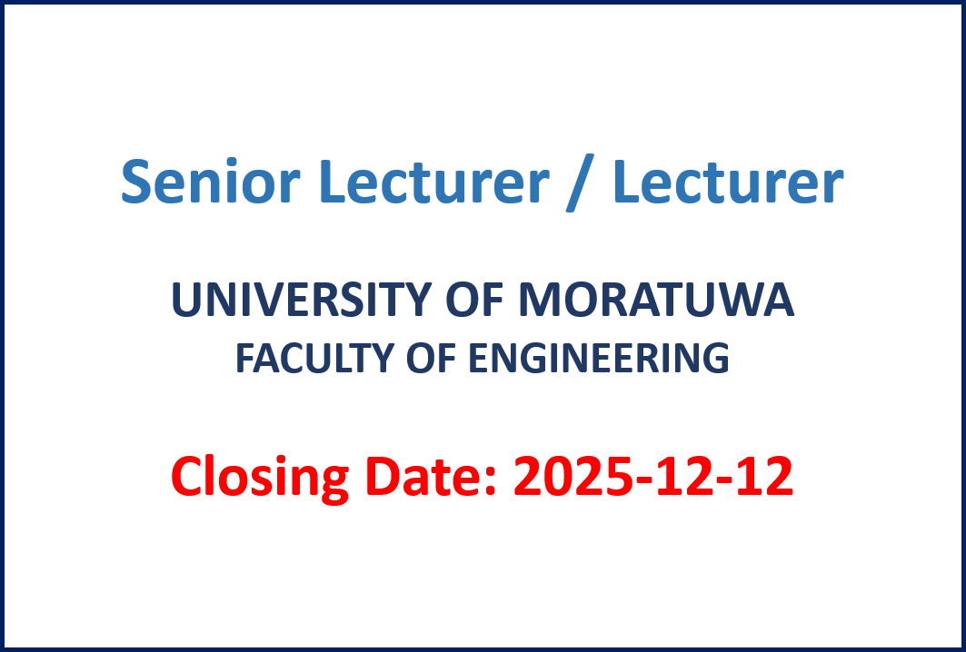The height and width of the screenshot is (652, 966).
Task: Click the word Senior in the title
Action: [x=210, y=181]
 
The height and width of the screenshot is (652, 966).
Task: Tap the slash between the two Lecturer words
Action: [x=580, y=183]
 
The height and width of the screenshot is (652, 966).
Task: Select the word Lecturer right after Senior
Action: [x=433, y=181]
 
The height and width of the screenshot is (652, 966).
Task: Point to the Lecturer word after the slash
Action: [x=728, y=181]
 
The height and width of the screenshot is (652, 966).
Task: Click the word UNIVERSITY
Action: [x=300, y=300]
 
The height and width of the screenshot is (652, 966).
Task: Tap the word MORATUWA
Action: [x=656, y=300]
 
